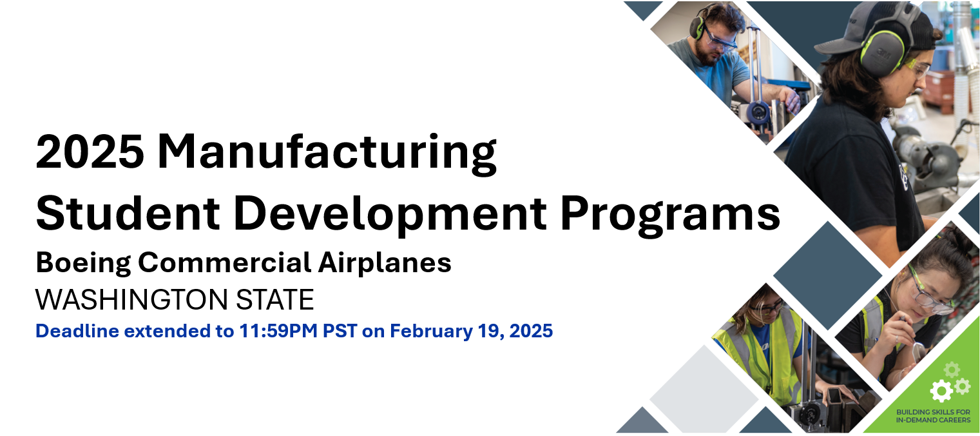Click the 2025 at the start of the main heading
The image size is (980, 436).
[x=90, y=152]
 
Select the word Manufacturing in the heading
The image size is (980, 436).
[x=327, y=154]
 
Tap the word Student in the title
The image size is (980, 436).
[x=128, y=213]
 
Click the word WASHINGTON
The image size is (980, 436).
[x=131, y=300]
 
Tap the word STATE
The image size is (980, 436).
[x=275, y=300]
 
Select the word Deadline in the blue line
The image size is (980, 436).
[x=77, y=331]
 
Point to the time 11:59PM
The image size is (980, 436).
[x=278, y=331]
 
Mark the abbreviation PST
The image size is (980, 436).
[x=340, y=331]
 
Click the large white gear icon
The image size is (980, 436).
[x=941, y=391]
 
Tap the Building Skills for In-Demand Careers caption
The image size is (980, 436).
[x=933, y=416]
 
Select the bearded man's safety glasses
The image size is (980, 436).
[x=720, y=40]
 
